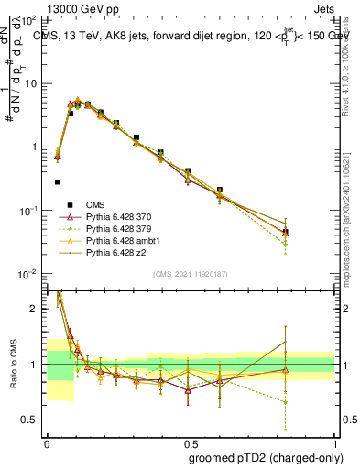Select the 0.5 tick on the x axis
190,441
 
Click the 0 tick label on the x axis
47,441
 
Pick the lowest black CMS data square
58,182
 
